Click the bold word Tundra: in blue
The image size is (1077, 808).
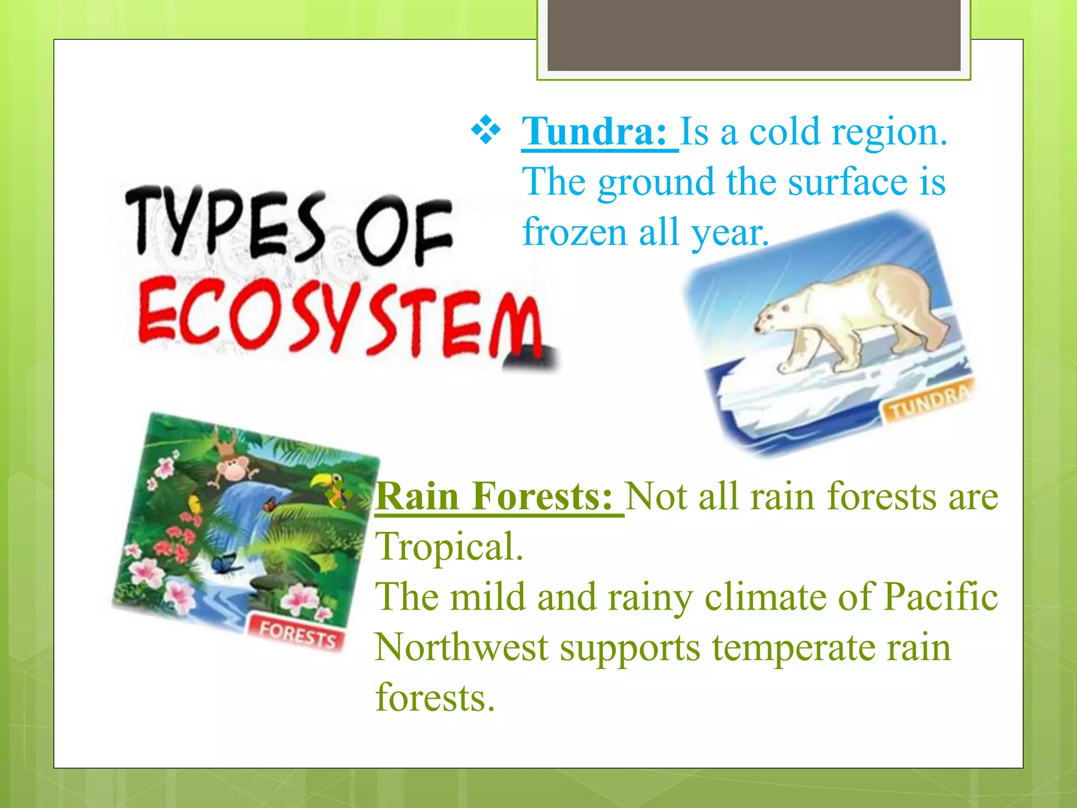(594, 132)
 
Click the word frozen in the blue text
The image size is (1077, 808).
(574, 233)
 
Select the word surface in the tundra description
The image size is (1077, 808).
(848, 182)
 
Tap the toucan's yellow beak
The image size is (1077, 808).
(318, 480)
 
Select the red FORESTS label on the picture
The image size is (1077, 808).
(298, 634)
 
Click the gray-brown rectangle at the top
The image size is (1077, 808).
(754, 34)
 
